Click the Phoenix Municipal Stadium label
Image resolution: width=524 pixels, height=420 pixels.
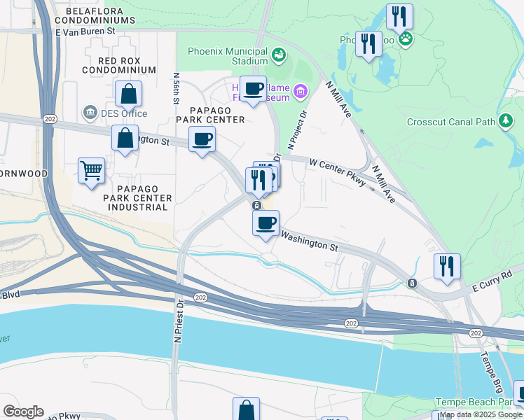(228, 57)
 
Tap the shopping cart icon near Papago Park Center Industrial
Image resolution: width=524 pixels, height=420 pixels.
(92, 170)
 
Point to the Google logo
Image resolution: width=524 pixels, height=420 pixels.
(23, 412)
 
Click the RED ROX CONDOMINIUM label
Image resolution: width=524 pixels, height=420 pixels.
(118, 65)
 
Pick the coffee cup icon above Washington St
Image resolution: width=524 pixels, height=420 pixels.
(266, 224)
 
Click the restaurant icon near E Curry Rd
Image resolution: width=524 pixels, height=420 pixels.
(446, 266)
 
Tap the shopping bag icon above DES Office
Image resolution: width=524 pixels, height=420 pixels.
(129, 94)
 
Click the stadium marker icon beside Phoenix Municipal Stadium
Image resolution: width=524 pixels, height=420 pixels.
(279, 53)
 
